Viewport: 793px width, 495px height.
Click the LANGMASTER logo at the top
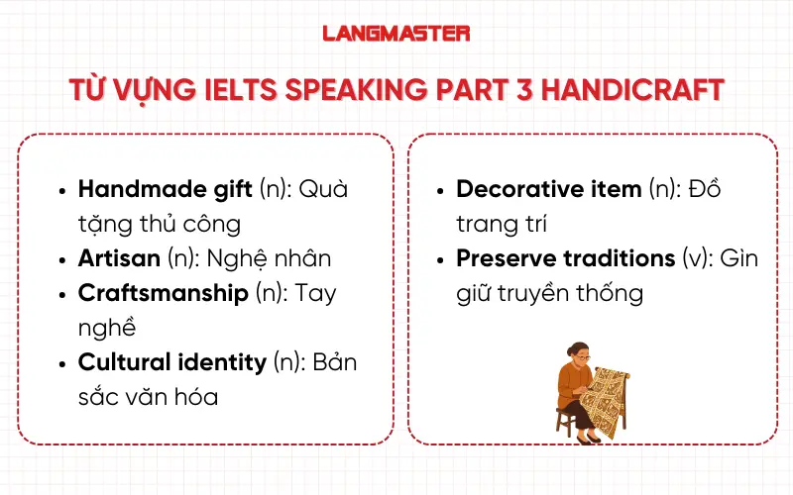point(396,33)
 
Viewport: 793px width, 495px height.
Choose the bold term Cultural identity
point(171,362)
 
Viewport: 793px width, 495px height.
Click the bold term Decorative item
point(548,188)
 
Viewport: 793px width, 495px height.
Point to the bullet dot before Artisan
point(63,259)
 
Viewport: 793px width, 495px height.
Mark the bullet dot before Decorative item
point(441,189)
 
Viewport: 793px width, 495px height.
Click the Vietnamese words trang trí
point(502,223)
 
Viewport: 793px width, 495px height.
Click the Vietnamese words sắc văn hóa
point(149,397)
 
